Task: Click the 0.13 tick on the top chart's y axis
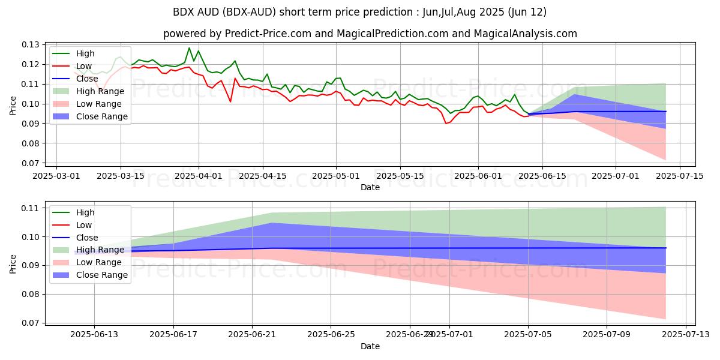31,44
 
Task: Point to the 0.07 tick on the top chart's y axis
31,163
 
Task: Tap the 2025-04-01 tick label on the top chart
199,176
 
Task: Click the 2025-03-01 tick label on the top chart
56,176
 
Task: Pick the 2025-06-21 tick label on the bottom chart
252,335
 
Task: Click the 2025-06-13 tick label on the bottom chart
94,335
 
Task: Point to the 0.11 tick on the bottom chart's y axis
31,208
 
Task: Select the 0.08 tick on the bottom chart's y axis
31,294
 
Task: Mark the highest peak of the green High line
189,48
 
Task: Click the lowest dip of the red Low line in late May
445,124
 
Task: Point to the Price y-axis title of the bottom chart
13,263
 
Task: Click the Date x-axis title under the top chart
370,187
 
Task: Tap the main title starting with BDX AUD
359,12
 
